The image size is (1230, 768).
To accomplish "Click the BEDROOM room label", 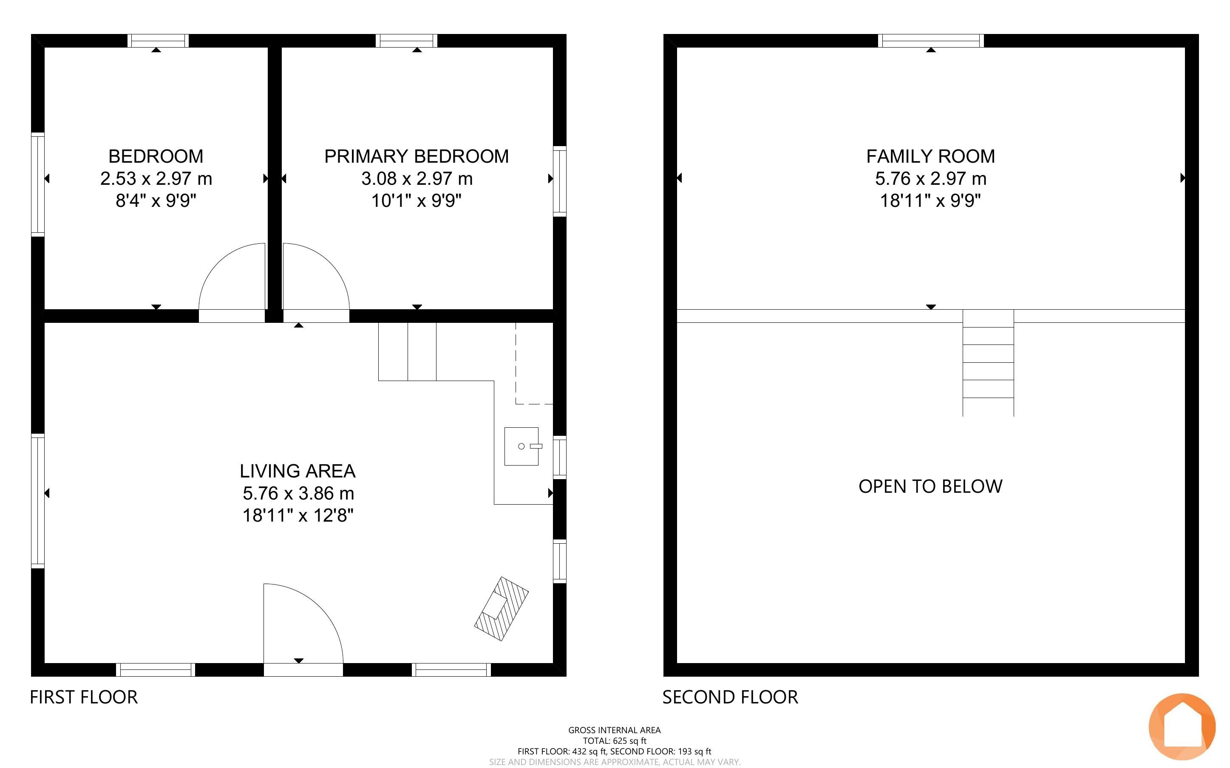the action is click(x=156, y=156).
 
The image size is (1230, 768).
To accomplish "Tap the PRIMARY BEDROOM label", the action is click(x=417, y=156).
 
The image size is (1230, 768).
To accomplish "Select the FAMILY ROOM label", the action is click(x=931, y=156).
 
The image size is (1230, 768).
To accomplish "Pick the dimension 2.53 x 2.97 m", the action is click(x=156, y=179).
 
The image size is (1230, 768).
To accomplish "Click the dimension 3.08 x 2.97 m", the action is click(x=417, y=179).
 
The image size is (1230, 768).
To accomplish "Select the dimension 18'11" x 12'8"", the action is click(x=298, y=516).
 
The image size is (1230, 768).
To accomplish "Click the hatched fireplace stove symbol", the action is click(x=502, y=609).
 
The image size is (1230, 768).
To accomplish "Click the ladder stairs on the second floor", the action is click(x=988, y=363).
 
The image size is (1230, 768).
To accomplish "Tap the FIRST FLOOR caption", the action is click(x=84, y=697).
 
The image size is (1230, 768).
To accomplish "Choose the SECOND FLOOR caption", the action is click(x=730, y=697).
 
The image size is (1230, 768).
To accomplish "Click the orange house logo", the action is click(x=1182, y=727).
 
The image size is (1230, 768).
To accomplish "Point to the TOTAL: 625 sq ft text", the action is click(x=614, y=740).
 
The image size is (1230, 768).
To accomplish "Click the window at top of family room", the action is click(x=931, y=41).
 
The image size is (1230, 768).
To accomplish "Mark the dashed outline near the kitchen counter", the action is click(x=534, y=363).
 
